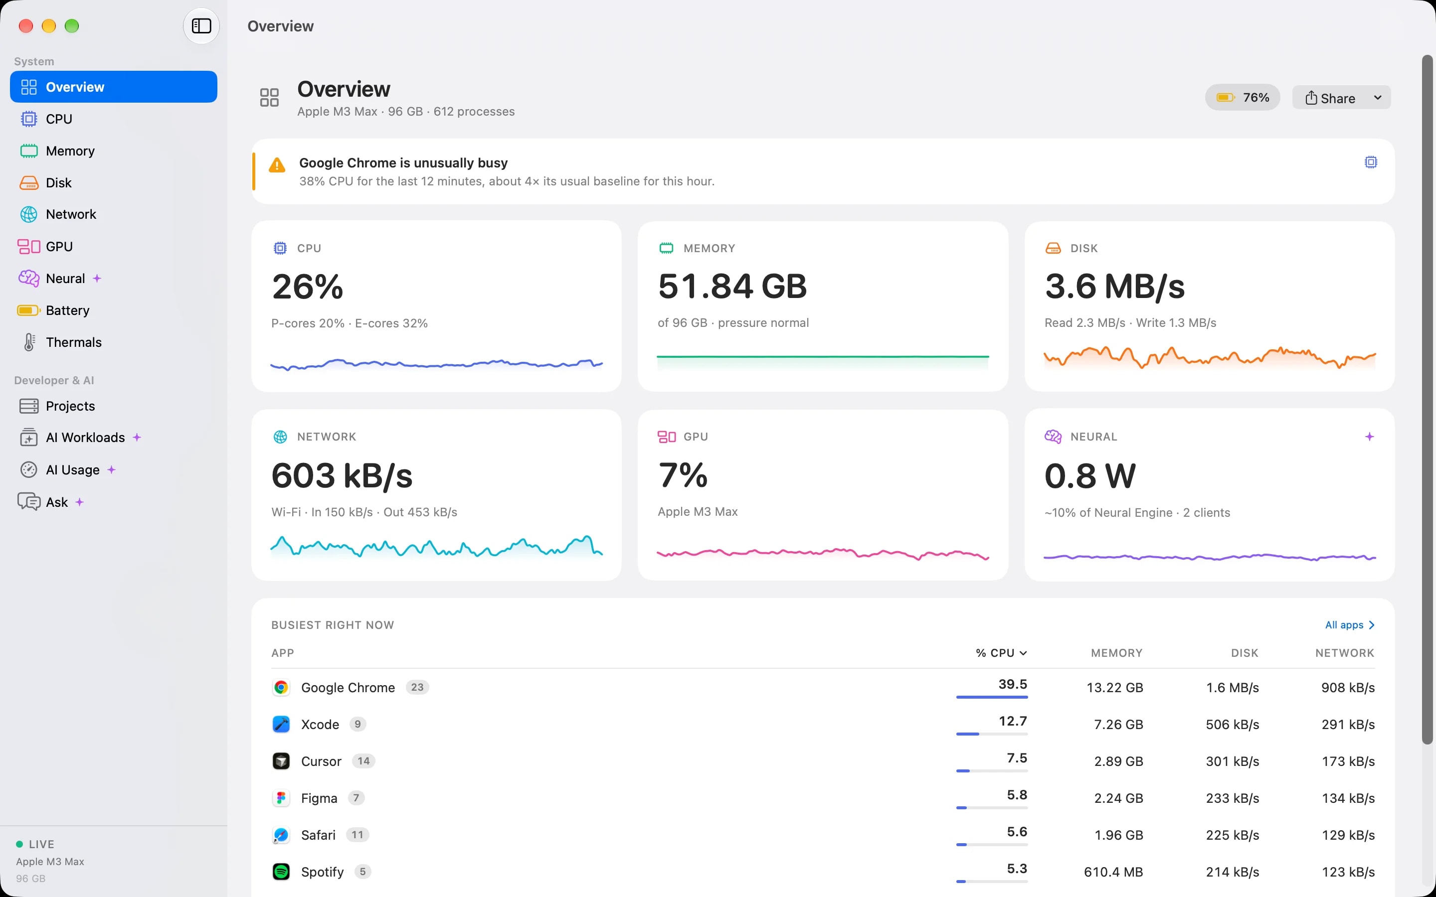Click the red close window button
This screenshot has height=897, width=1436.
coord(26,26)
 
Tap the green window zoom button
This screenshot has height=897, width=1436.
coord(72,26)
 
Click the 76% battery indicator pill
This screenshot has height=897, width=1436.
coord(1243,98)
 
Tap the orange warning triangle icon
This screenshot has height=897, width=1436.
coord(277,165)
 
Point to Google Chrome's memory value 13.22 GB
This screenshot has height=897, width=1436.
coord(1114,688)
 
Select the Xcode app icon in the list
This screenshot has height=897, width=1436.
coord(281,725)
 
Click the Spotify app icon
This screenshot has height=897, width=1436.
coord(281,872)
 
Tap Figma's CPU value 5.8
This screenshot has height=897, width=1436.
coord(1017,795)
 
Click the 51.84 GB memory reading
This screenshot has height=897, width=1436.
coord(732,287)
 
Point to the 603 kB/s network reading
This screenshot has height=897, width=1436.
coord(342,476)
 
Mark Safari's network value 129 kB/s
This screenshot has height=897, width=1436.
coord(1348,835)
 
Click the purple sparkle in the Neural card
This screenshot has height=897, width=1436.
coord(1370,437)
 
